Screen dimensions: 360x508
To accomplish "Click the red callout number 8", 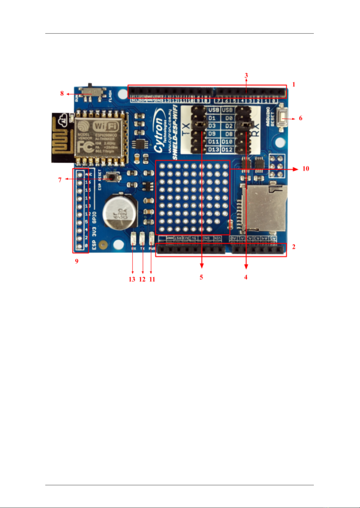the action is tap(62, 93).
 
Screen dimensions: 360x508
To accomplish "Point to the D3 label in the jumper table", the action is tap(212, 126).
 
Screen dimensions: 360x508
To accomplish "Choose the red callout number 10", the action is tap(306, 169).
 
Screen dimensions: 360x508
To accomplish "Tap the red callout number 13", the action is tap(132, 279).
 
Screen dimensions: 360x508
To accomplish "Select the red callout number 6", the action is tap(301, 118).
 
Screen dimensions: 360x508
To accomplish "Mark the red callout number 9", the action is tap(77, 261).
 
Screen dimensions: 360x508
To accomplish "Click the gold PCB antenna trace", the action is tap(62, 138).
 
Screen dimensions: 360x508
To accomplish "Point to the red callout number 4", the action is tap(246, 277).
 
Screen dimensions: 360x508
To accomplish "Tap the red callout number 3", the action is tap(246, 75).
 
